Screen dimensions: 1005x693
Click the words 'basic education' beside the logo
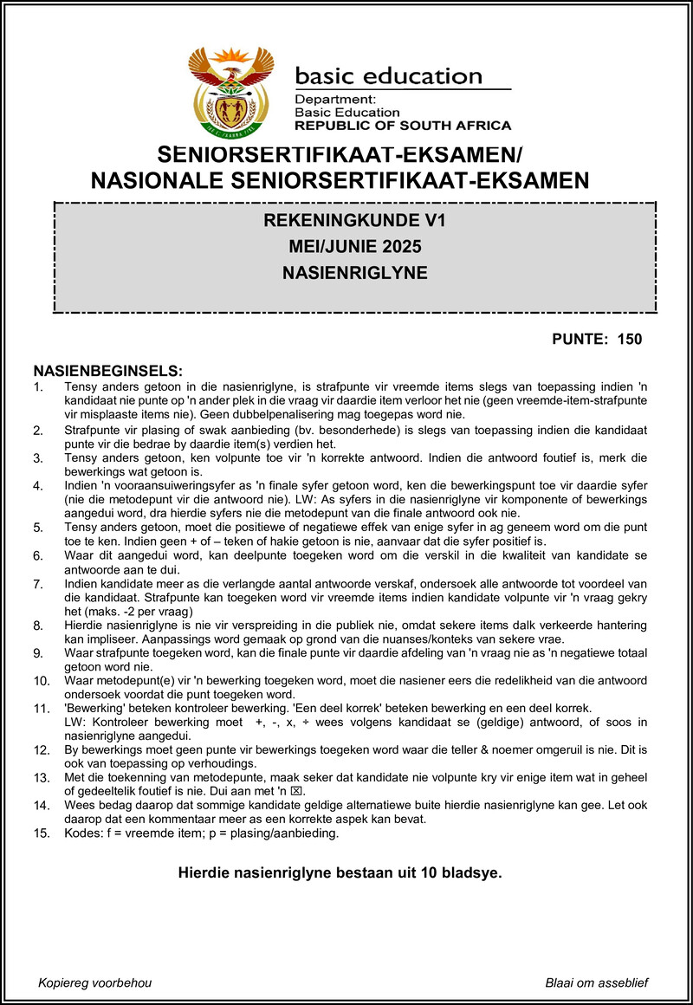[388, 76]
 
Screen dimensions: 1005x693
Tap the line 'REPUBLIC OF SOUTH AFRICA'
[403, 125]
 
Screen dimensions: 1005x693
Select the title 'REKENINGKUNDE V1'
[355, 222]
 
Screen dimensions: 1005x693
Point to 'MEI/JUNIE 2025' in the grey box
[355, 248]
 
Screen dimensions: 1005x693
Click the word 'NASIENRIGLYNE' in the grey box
[355, 273]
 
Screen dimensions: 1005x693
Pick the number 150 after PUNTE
[630, 339]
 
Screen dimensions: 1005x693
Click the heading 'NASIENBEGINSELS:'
[108, 370]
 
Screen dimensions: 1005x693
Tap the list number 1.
[37, 387]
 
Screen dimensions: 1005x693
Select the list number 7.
[37, 584]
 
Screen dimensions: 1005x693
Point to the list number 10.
[41, 682]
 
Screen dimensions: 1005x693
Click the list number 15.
[41, 834]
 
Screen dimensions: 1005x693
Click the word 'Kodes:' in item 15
[82, 834]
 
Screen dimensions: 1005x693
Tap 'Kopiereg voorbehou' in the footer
[95, 982]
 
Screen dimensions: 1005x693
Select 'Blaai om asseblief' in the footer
[597, 982]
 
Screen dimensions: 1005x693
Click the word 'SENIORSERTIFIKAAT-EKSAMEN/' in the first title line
[341, 157]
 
